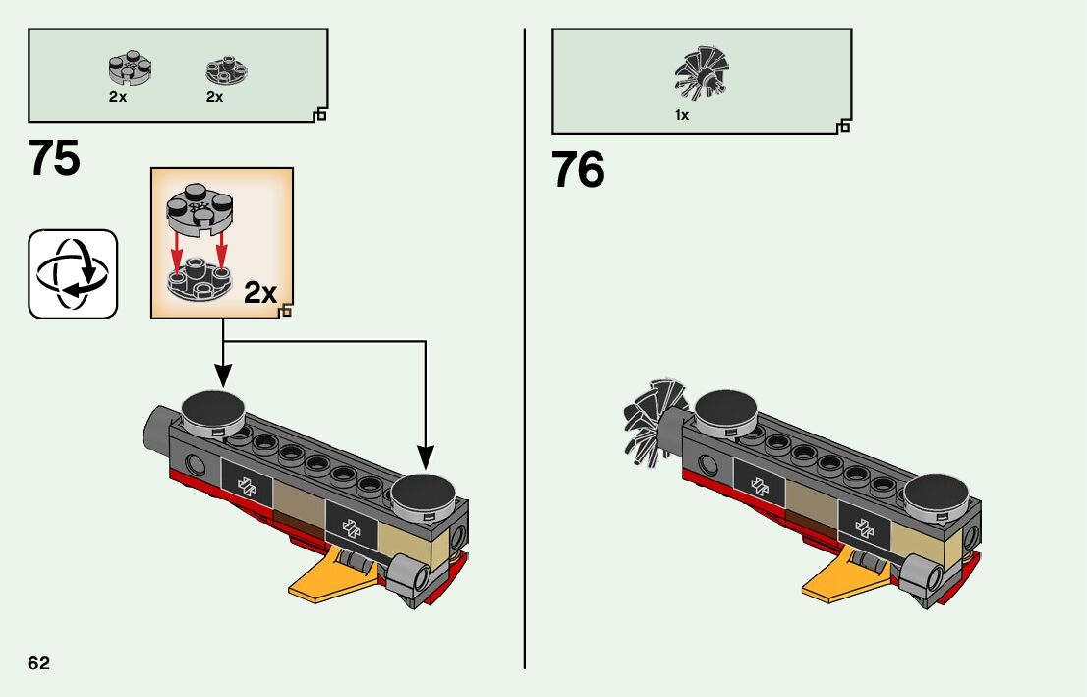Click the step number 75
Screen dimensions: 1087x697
pos(54,158)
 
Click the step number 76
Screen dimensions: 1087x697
pos(578,170)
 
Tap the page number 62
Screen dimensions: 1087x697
pos(39,663)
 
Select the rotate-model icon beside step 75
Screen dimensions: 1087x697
pos(73,274)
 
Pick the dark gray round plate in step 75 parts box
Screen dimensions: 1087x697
pos(226,71)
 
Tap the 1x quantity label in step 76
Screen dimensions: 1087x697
pos(682,115)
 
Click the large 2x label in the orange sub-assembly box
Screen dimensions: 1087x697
pos(260,292)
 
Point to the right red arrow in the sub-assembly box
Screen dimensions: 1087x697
pos(221,250)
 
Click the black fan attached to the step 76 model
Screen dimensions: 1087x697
pos(650,419)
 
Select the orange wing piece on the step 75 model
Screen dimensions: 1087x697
pos(324,578)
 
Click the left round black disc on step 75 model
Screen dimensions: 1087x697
pos(214,406)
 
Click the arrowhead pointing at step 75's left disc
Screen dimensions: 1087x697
pos(223,376)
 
